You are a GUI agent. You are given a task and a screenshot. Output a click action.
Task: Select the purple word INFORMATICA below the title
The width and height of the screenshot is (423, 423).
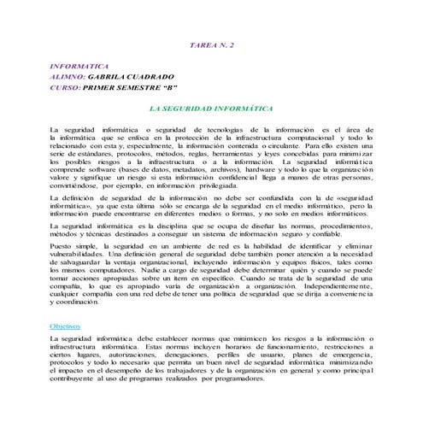pyautogui.click(x=79, y=64)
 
